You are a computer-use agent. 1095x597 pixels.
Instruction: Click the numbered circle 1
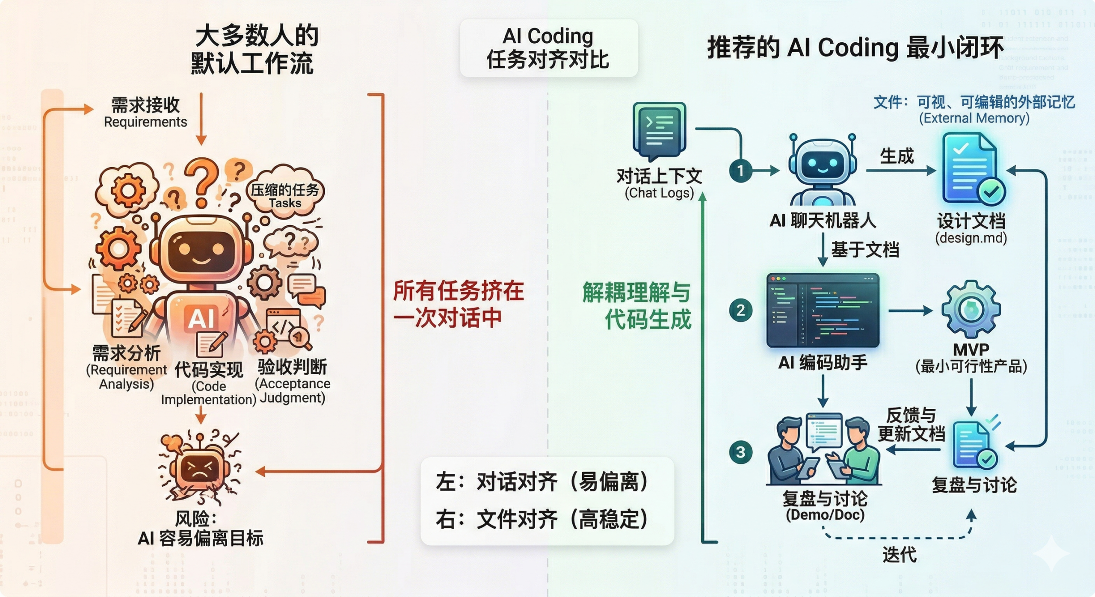[x=740, y=171]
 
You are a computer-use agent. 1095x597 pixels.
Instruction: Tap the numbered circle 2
[x=740, y=310]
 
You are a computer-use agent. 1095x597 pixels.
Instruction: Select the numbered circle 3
[x=740, y=452]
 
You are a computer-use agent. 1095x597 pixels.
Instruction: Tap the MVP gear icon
[x=971, y=310]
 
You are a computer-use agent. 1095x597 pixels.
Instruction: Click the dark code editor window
[x=823, y=310]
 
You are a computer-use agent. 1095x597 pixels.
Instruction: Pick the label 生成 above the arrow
[x=897, y=156]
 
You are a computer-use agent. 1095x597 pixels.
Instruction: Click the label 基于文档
[x=865, y=250]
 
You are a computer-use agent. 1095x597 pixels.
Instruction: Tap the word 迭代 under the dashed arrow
[x=900, y=555]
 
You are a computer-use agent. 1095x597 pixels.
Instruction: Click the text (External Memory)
[x=974, y=118]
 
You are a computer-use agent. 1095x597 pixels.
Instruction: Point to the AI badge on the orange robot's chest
[x=201, y=319]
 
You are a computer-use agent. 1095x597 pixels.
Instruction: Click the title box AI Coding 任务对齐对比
[x=548, y=48]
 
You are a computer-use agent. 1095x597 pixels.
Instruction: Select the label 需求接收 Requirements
[x=145, y=112]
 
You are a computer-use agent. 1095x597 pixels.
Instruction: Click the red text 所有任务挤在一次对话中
[x=458, y=304]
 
